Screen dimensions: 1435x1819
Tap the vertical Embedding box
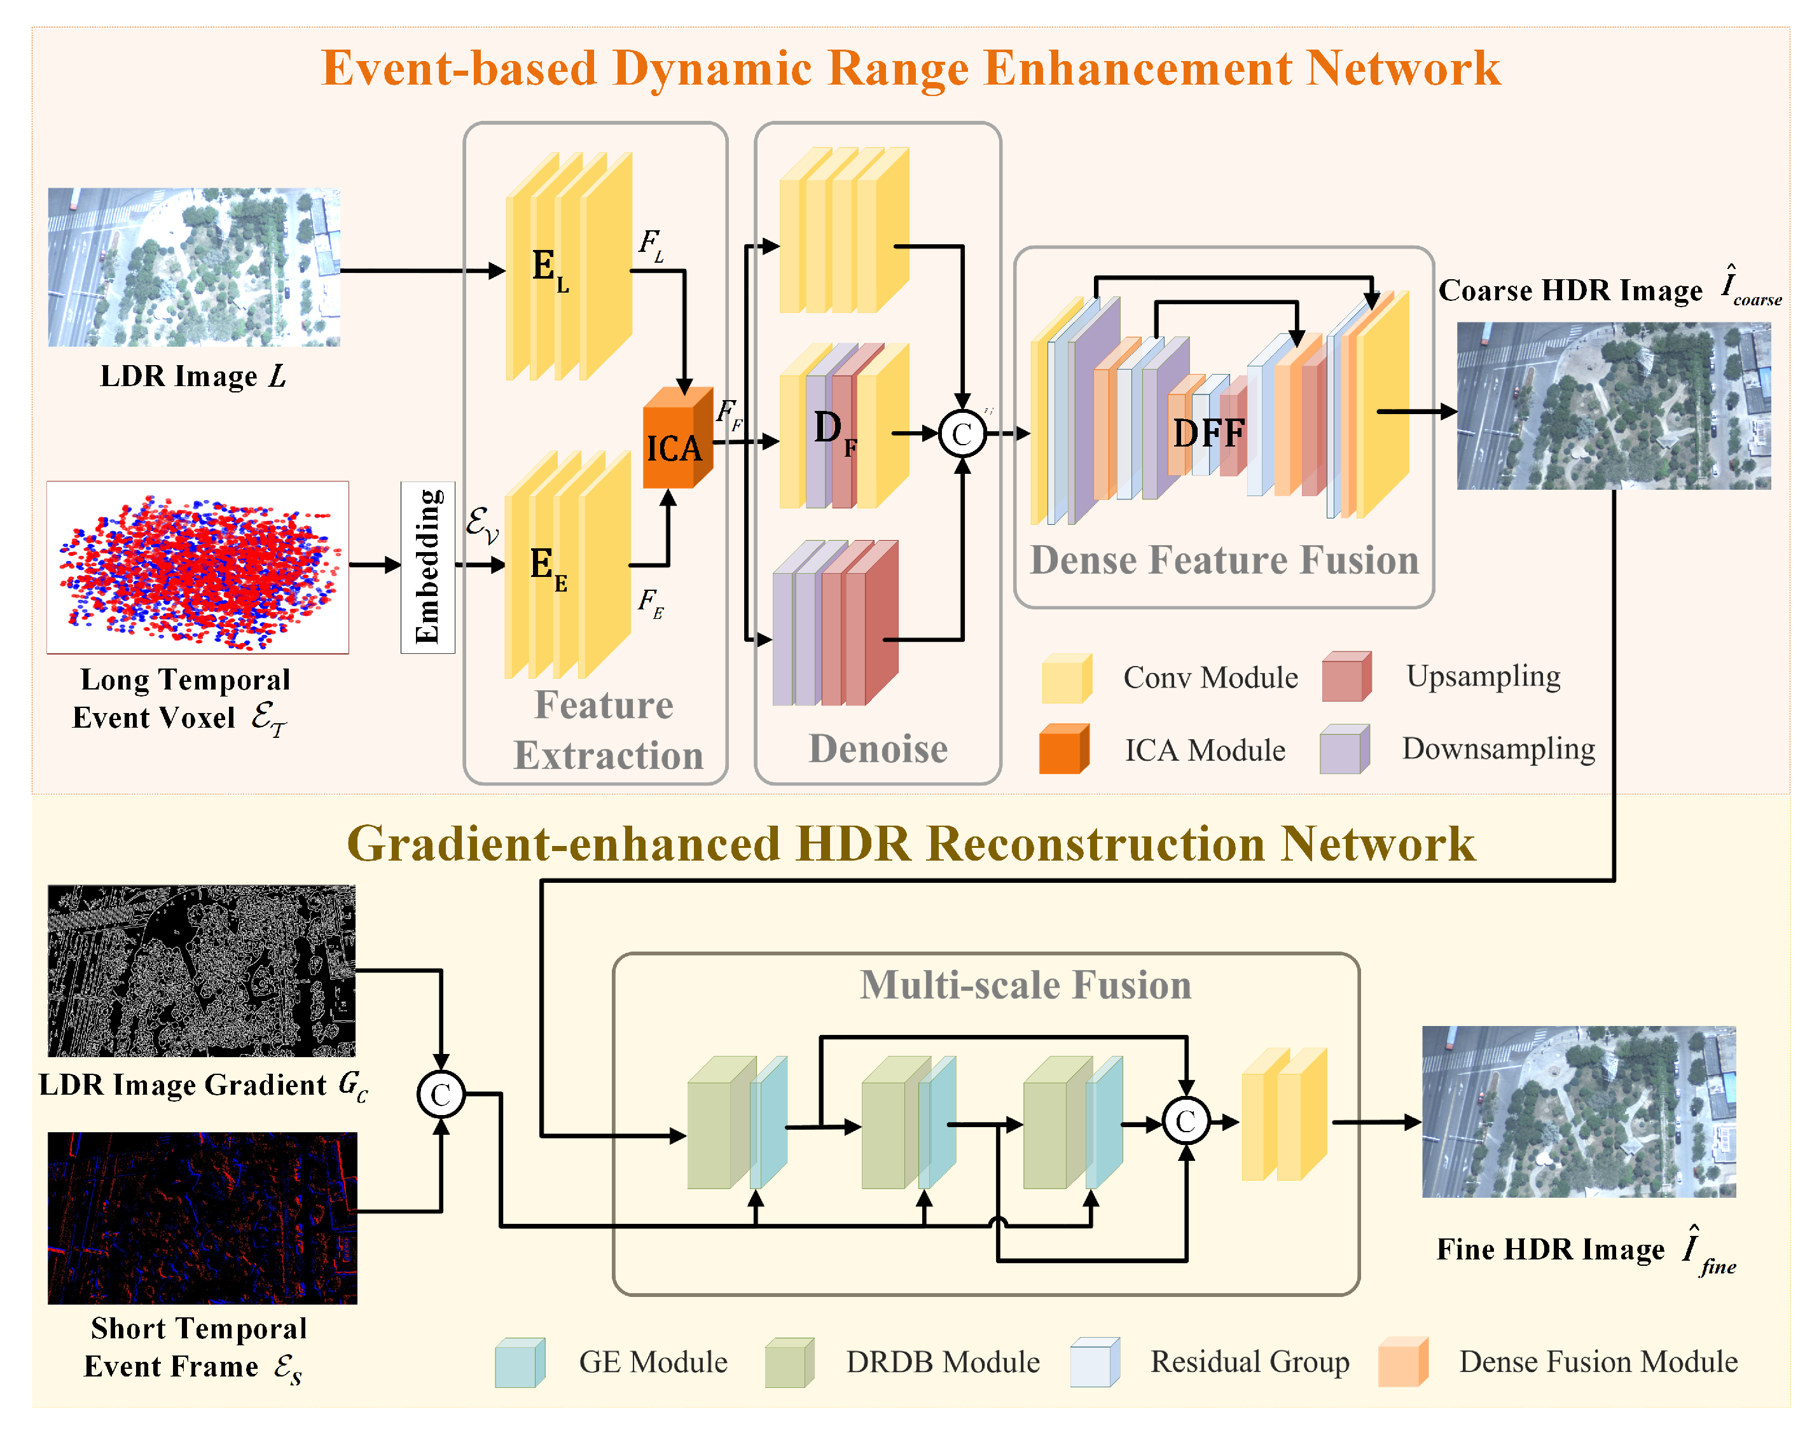427,567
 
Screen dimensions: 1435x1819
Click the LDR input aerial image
194,267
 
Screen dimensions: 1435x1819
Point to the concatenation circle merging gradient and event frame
440,1094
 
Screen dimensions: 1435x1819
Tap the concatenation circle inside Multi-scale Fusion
1185,1121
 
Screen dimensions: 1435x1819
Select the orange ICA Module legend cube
1063,749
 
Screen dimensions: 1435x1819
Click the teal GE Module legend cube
518,1362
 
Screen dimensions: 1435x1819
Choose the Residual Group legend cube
1094,1362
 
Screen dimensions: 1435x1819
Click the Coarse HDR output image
1613,406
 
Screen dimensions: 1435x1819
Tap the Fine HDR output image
1578,1111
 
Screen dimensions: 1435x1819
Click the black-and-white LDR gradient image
202,971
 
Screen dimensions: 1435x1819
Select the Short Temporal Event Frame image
202,1217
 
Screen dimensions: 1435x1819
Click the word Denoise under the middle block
878,748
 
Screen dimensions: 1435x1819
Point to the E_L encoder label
550,269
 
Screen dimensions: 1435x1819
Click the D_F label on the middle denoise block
834,432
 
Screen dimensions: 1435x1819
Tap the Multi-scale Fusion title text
1025,985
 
